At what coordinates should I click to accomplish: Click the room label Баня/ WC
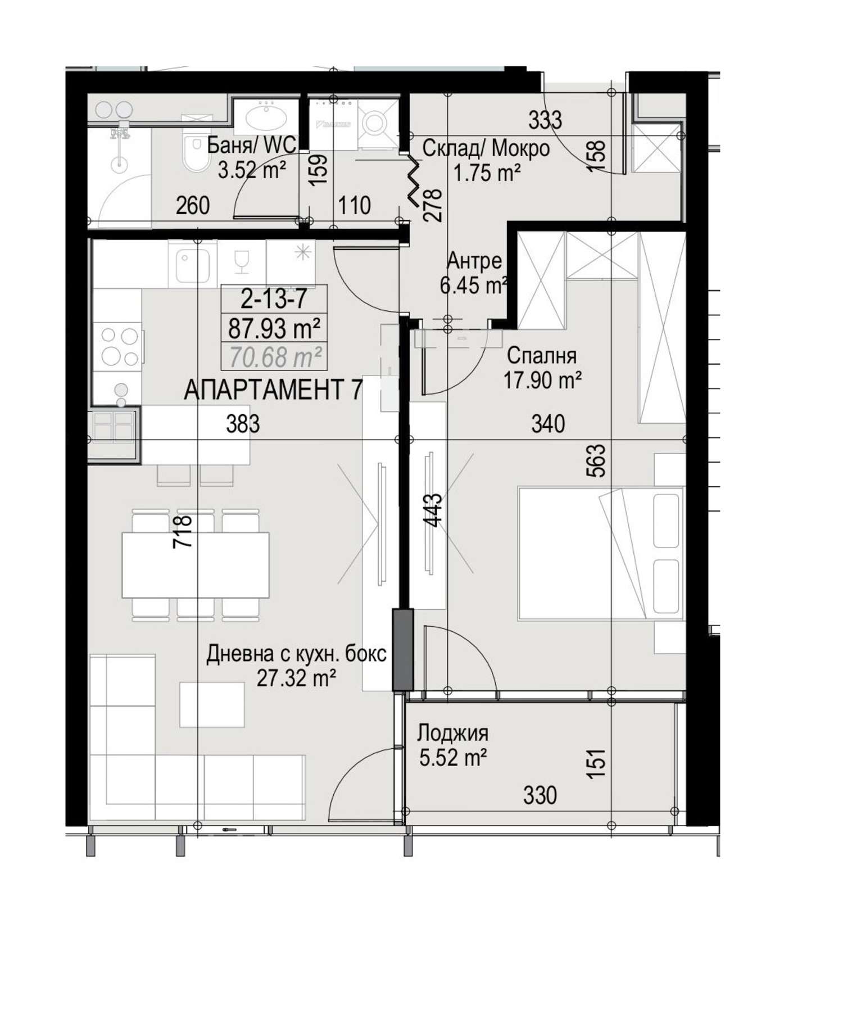pos(251,146)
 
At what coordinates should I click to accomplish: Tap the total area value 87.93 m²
pos(274,328)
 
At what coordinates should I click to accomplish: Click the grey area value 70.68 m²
pos(275,356)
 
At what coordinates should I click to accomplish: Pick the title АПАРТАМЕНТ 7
pos(274,390)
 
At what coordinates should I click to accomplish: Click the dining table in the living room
pos(196,565)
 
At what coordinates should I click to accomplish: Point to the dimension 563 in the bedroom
pos(596,461)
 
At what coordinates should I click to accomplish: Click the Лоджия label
pos(452,733)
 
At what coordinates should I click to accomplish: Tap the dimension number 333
pos(545,120)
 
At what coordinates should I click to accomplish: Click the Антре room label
pos(474,261)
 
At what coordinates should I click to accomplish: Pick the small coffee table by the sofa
pos(212,704)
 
